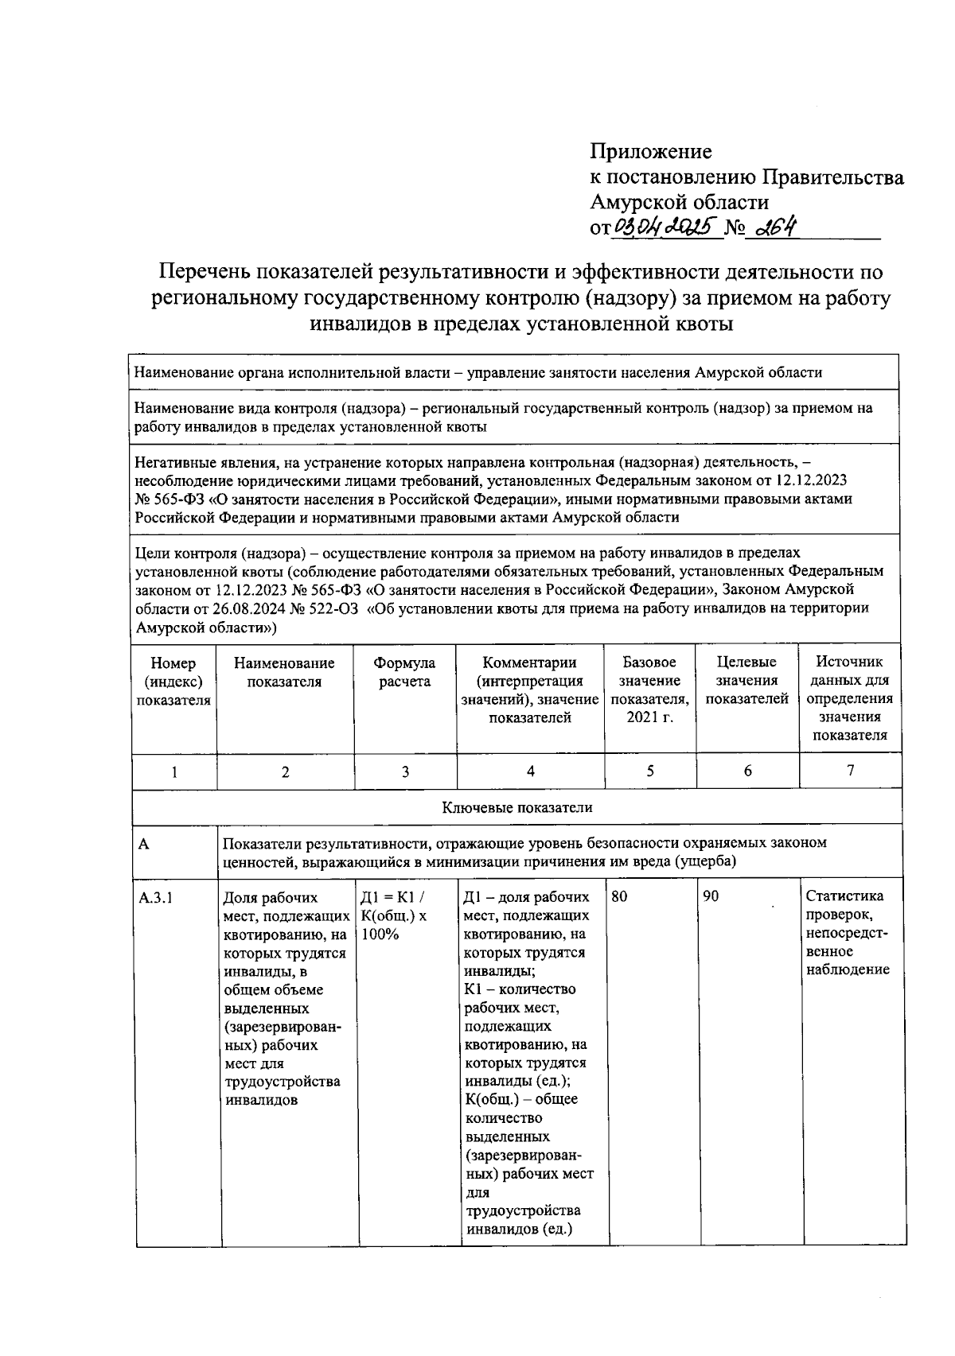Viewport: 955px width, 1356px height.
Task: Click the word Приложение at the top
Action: point(650,151)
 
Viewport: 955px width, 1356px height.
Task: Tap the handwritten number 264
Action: point(775,227)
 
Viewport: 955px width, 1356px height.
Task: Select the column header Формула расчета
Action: point(405,672)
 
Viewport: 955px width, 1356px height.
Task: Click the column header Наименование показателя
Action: point(284,672)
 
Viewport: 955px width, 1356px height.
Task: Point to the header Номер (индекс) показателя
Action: point(173,682)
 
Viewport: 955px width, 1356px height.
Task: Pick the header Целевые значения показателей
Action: point(746,681)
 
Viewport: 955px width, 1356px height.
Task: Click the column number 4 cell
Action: point(530,771)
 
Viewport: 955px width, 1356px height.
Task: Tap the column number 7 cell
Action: point(850,770)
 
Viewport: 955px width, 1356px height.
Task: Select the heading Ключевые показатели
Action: point(517,807)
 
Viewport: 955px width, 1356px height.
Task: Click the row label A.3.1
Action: point(156,898)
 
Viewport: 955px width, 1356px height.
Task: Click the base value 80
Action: point(619,896)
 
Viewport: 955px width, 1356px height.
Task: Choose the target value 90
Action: point(711,896)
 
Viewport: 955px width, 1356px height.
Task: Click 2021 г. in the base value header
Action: point(649,718)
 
